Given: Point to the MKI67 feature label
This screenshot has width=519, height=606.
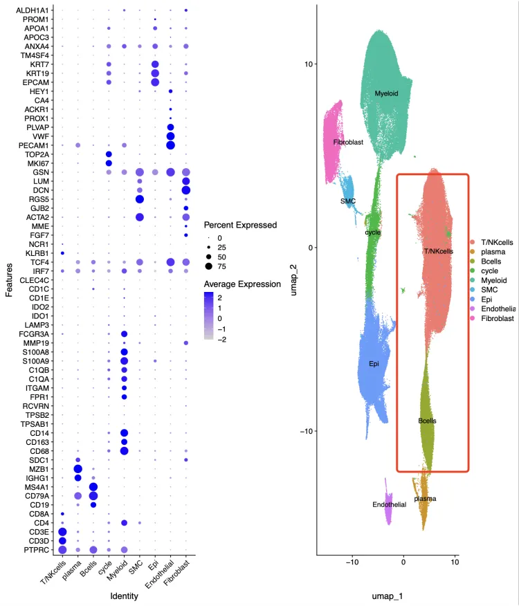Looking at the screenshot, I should tap(39, 163).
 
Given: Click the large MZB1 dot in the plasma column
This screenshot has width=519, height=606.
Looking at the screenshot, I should tap(78, 469).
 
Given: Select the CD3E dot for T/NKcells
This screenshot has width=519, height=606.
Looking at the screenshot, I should tap(62, 532).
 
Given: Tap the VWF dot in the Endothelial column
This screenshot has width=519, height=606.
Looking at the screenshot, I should tap(170, 136).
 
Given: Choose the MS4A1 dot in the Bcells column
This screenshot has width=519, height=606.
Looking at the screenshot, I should tap(93, 487).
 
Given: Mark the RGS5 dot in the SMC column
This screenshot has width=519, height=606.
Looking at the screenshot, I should tap(140, 199).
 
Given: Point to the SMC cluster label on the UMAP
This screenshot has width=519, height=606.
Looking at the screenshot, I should tap(348, 201).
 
